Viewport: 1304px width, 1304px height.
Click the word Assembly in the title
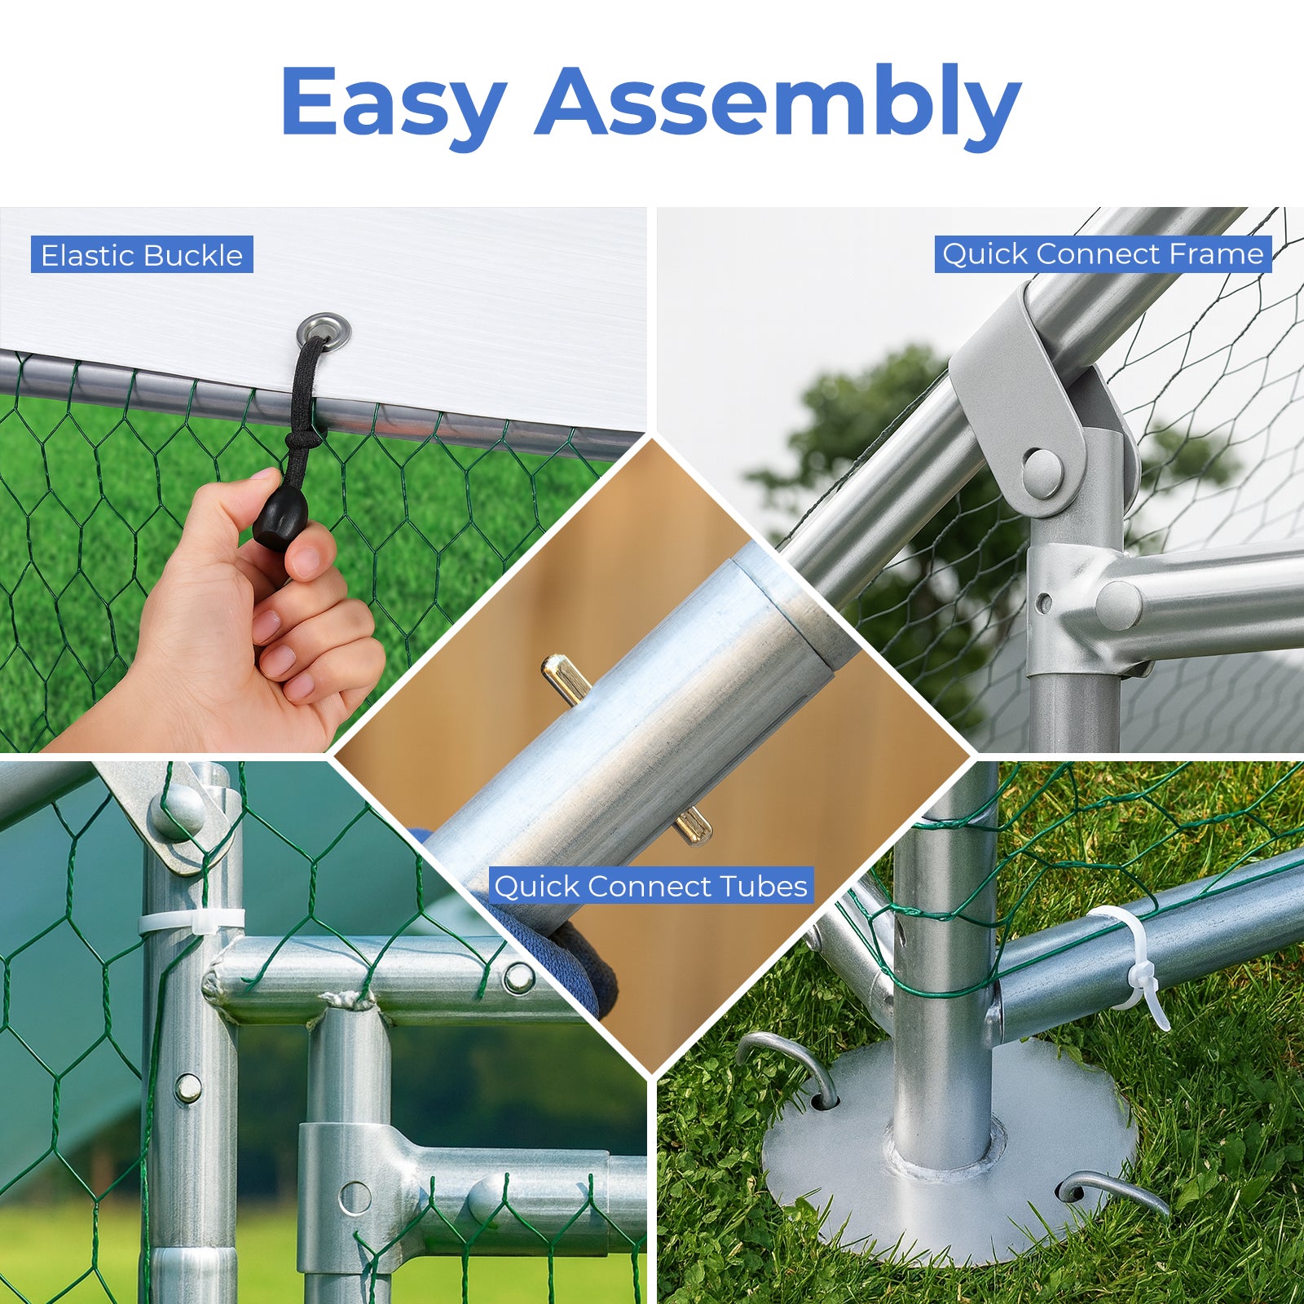tap(778, 103)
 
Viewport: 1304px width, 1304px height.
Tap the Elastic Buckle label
tap(142, 255)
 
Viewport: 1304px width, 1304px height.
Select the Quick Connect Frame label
tap(1103, 253)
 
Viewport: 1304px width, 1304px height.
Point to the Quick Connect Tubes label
tap(651, 885)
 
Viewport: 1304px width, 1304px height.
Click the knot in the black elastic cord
tap(303, 439)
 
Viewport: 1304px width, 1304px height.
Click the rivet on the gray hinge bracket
tap(1042, 472)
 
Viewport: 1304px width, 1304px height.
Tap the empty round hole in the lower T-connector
tap(355, 1197)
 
